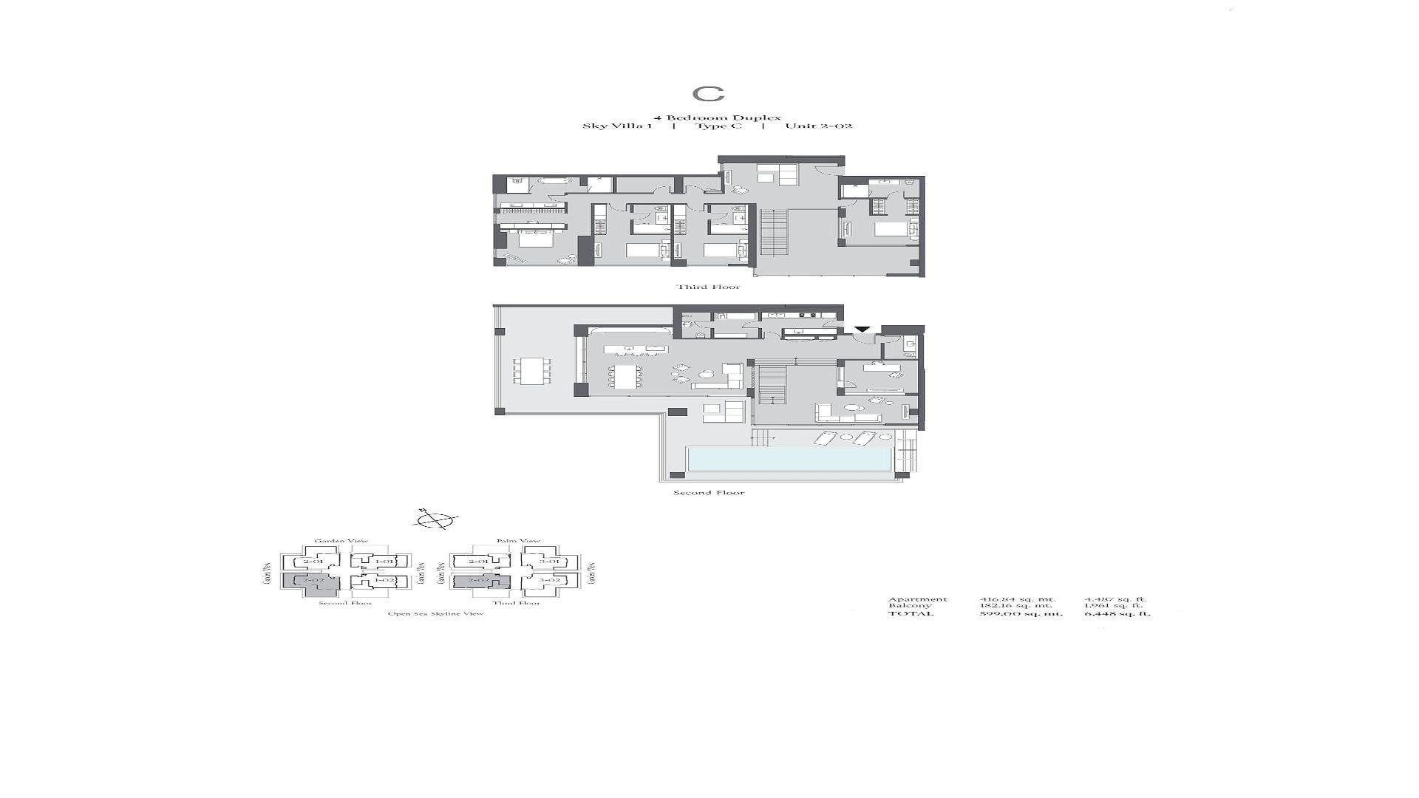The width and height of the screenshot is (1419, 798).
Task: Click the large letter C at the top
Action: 708,94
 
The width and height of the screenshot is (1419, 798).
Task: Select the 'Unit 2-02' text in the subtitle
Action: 818,126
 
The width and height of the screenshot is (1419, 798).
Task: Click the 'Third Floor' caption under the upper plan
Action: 708,287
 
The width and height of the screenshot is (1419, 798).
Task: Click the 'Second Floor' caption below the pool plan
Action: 709,492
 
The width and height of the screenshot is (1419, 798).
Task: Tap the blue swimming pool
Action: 789,459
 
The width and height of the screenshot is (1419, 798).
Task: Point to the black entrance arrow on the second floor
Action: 862,330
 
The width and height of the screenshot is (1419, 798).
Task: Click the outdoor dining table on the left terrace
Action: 532,371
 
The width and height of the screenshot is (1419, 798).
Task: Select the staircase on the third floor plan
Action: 774,232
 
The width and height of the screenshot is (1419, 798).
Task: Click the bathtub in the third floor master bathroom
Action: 550,180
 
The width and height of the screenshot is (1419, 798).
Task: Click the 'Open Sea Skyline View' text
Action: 435,613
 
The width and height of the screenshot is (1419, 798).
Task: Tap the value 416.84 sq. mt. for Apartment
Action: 1017,599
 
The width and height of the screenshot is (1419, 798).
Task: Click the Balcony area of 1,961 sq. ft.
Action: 1113,606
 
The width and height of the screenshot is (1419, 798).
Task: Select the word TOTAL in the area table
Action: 911,613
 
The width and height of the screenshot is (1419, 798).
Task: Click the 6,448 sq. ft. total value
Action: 1117,613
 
